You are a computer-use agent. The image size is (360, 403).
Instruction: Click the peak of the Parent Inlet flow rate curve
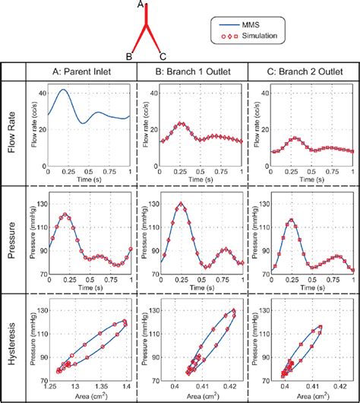click(x=64, y=90)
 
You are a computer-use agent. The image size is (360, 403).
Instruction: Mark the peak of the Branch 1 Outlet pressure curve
click(x=181, y=203)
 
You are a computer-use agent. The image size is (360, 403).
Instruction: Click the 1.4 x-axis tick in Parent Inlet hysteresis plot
click(x=125, y=387)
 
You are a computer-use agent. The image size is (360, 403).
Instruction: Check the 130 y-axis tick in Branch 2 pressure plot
click(x=263, y=203)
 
